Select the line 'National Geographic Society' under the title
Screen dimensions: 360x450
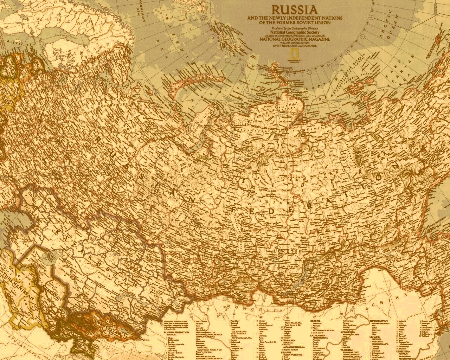coord(288,31)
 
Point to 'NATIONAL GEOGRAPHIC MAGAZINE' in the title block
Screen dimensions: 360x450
coord(295,39)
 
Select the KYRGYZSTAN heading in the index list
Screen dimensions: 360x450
coord(347,332)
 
